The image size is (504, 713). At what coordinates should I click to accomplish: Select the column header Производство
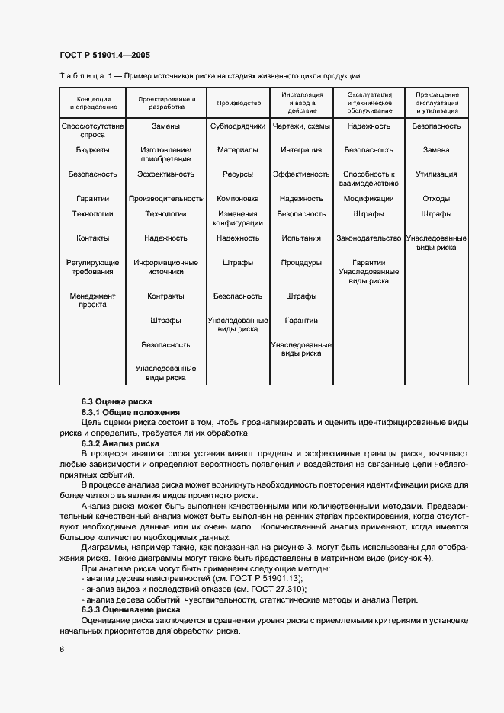tap(239, 103)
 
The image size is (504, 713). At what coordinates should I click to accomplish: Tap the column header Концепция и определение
tap(93, 103)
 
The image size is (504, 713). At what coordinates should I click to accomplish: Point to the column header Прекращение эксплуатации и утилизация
tap(436, 103)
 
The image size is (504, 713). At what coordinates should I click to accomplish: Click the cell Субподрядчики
tap(239, 126)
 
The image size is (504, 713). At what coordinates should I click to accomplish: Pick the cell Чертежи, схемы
tap(301, 126)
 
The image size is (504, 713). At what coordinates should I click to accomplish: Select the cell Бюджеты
tap(93, 150)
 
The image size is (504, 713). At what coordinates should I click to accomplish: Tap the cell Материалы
tap(238, 150)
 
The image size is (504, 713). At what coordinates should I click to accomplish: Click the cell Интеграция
tap(301, 150)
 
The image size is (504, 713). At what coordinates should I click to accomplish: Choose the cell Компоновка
tap(238, 198)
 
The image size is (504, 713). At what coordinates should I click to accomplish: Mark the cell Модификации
tap(368, 198)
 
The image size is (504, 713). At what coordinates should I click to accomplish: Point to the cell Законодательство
tap(368, 238)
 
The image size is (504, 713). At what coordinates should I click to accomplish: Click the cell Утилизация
tap(436, 174)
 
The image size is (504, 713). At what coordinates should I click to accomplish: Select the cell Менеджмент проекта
tap(93, 300)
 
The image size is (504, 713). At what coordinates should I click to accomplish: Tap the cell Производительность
tap(165, 198)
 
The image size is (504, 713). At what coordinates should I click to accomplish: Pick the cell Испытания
tap(301, 238)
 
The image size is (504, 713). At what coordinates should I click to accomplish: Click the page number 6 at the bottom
tap(62, 648)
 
